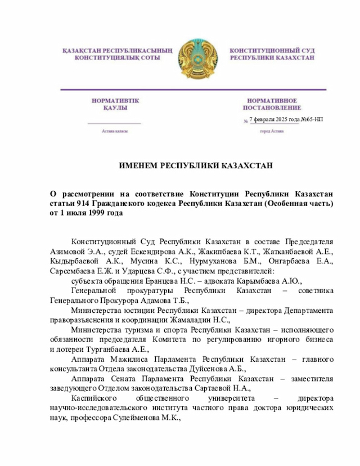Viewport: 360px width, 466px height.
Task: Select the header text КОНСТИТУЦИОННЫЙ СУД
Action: (272, 51)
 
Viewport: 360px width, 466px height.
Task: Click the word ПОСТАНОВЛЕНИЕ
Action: (272, 107)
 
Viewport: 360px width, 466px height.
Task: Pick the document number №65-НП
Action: (312, 119)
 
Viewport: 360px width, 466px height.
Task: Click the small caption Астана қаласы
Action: (115, 131)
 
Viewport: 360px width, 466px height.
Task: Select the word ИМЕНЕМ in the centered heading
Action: (138, 165)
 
